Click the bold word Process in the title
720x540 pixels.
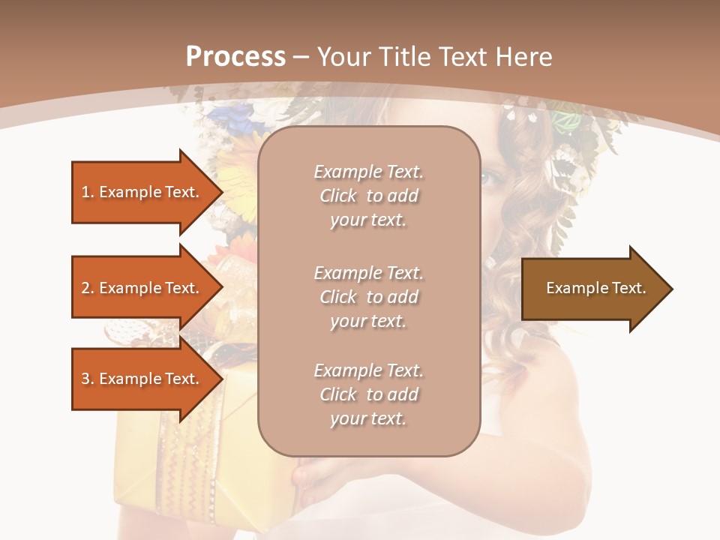click(235, 57)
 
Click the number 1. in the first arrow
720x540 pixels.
click(88, 192)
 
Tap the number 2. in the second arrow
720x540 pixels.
click(88, 288)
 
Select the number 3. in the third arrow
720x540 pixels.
click(88, 379)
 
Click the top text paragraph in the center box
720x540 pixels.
click(368, 196)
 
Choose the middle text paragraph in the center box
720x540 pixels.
click(368, 297)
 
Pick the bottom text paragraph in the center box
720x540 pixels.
click(368, 394)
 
